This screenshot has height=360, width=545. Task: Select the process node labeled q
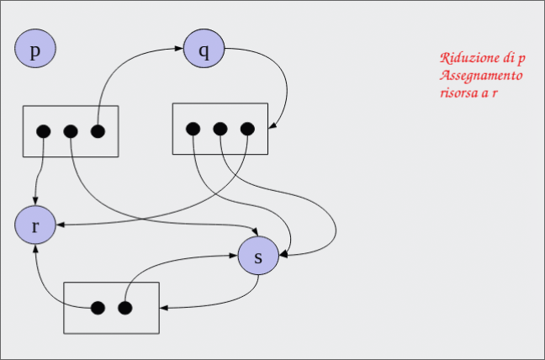204,49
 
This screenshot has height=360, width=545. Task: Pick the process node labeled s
258,257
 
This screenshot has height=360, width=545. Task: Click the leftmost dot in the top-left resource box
44,131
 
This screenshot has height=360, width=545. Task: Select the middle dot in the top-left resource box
71,131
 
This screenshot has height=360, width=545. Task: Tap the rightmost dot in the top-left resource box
98,131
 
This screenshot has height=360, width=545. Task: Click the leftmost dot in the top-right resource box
193,129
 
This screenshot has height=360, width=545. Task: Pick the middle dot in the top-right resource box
220,129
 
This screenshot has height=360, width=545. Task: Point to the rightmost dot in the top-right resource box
246,129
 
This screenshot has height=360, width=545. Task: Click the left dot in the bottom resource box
98,307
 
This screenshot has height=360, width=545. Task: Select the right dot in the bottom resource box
124,307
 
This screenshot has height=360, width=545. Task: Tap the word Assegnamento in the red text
480,75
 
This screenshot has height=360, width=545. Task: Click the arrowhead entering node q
179,50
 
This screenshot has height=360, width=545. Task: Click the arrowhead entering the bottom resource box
163,307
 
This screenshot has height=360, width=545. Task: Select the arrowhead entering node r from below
35,250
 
